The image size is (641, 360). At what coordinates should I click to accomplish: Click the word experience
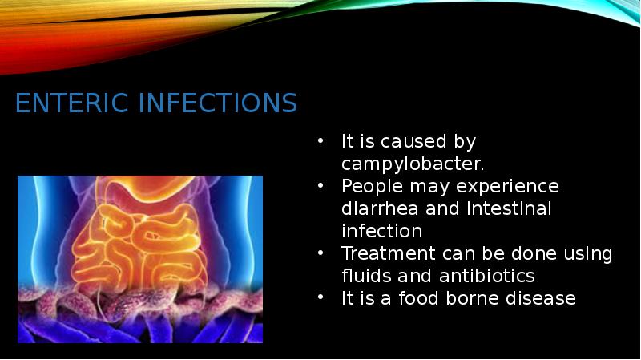(510, 186)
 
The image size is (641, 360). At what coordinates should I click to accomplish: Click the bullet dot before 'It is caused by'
(320, 142)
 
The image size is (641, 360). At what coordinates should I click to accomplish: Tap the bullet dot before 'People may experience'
(320, 186)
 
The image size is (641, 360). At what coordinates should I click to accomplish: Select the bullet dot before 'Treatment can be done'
(320, 253)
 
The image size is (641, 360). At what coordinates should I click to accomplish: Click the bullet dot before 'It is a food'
(320, 298)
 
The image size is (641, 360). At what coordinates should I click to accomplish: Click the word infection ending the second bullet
(381, 231)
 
